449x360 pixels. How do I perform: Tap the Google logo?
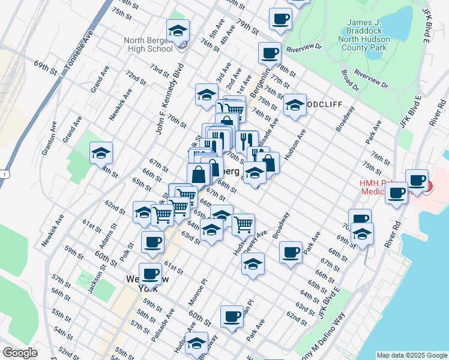pos(20,352)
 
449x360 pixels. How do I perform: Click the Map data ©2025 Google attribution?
pos(411,355)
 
